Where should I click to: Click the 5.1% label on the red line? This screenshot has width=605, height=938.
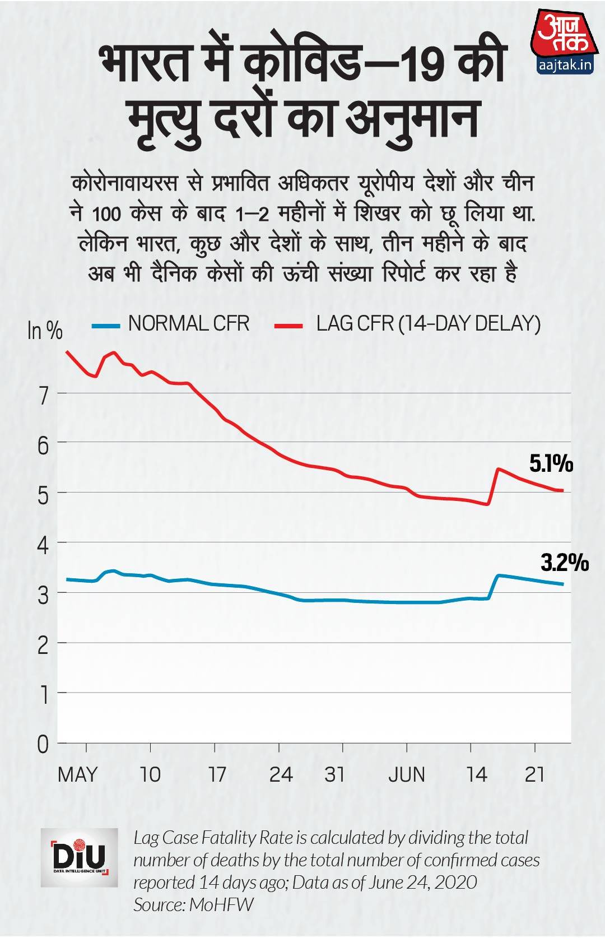coord(551,463)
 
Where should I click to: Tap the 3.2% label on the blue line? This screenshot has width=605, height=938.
coord(565,562)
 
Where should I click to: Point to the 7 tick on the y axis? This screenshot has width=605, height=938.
coord(44,396)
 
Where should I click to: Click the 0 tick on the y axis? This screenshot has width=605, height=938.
coord(43,745)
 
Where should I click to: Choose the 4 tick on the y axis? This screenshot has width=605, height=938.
coord(44,545)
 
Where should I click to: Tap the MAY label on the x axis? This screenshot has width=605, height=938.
coord(77,774)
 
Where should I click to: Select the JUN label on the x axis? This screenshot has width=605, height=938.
coord(407,774)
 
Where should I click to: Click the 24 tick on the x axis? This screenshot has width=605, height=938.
coord(281,774)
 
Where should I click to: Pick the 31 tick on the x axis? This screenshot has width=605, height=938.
coord(335,774)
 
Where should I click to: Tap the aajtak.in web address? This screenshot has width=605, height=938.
coord(564,65)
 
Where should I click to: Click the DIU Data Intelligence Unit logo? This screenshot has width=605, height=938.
coord(80,857)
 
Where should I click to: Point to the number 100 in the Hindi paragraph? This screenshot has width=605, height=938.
coord(106,214)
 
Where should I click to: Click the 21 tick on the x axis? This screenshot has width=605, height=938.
coord(535,774)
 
